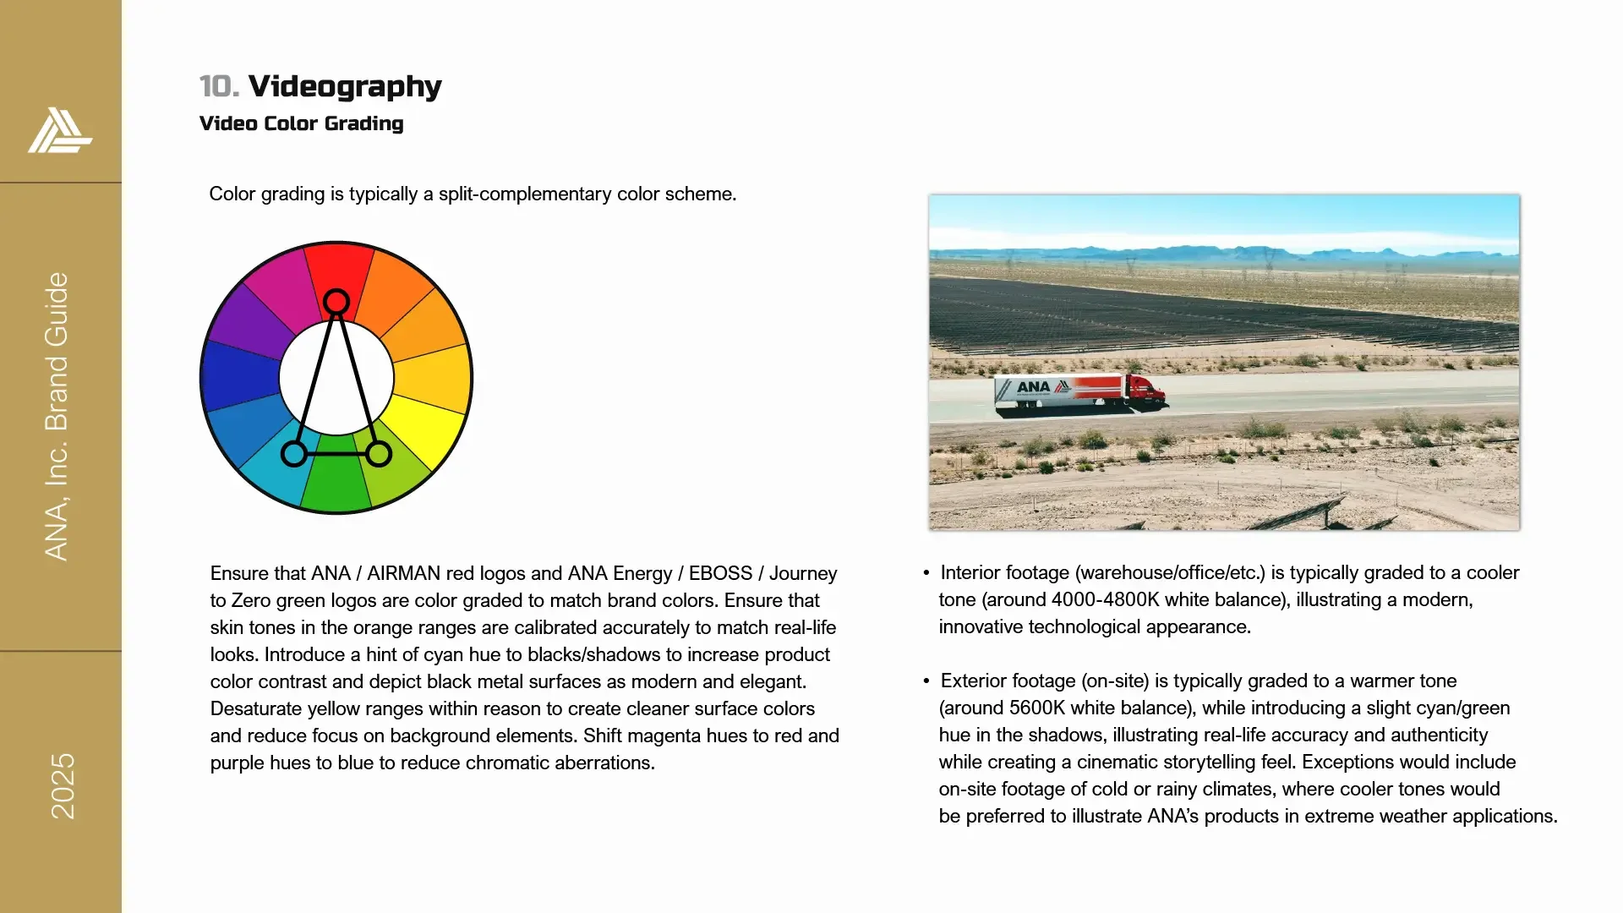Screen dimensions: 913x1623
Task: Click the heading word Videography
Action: [345, 86]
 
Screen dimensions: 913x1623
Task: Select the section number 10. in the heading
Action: [219, 86]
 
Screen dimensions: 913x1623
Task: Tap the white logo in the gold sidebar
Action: [59, 131]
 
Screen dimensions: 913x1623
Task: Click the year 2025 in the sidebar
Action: [63, 786]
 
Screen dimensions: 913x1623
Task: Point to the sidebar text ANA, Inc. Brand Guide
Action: [57, 416]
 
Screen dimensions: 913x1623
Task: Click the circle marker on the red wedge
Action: [336, 302]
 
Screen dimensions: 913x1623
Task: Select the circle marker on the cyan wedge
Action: [294, 454]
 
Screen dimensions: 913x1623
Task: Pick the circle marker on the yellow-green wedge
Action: [379, 454]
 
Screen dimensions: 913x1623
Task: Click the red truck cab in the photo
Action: [1145, 391]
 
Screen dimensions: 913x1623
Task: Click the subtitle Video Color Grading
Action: [301, 123]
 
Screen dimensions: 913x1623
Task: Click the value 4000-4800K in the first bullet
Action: [1106, 600]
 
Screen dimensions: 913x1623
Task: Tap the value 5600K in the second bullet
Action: [1037, 708]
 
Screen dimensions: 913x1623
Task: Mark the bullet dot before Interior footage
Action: [926, 573]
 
